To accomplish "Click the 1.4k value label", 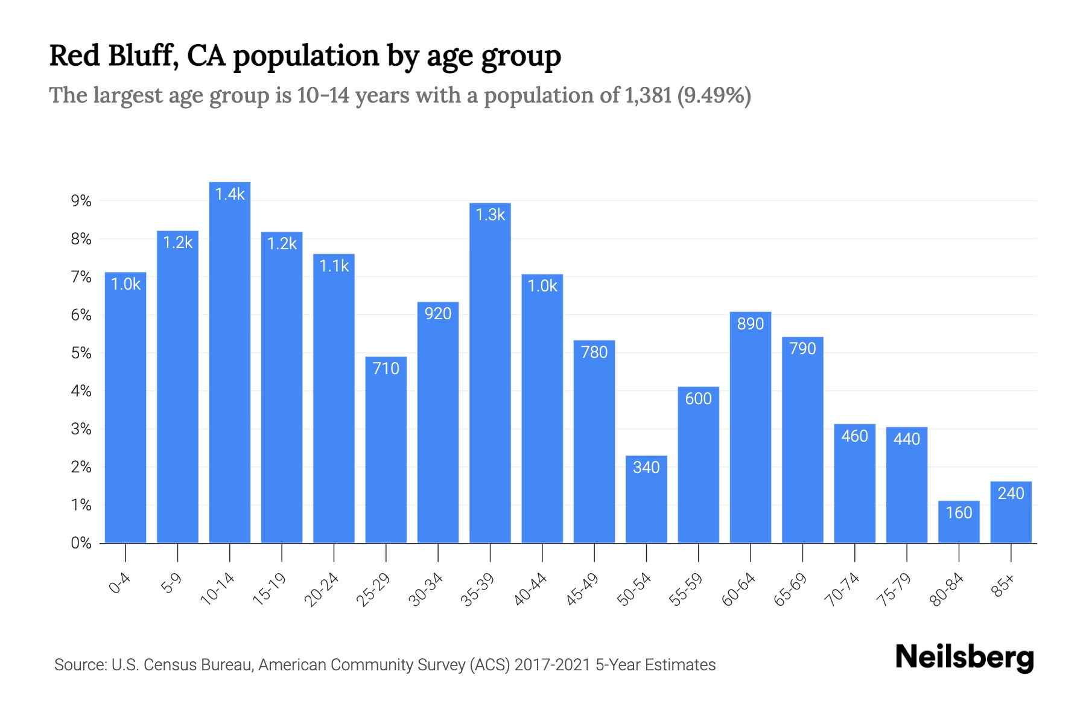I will (230, 194).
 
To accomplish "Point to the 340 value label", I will (646, 468).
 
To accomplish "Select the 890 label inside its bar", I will (750, 324).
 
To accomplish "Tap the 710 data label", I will (386, 369).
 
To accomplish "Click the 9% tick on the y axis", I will (81, 201).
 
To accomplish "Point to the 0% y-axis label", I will (81, 543).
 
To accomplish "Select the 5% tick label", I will (81, 353).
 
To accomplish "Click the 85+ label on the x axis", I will (1003, 586).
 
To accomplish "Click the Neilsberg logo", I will (964, 658).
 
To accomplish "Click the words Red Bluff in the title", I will (112, 56).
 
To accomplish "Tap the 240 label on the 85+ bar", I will (1011, 494).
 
